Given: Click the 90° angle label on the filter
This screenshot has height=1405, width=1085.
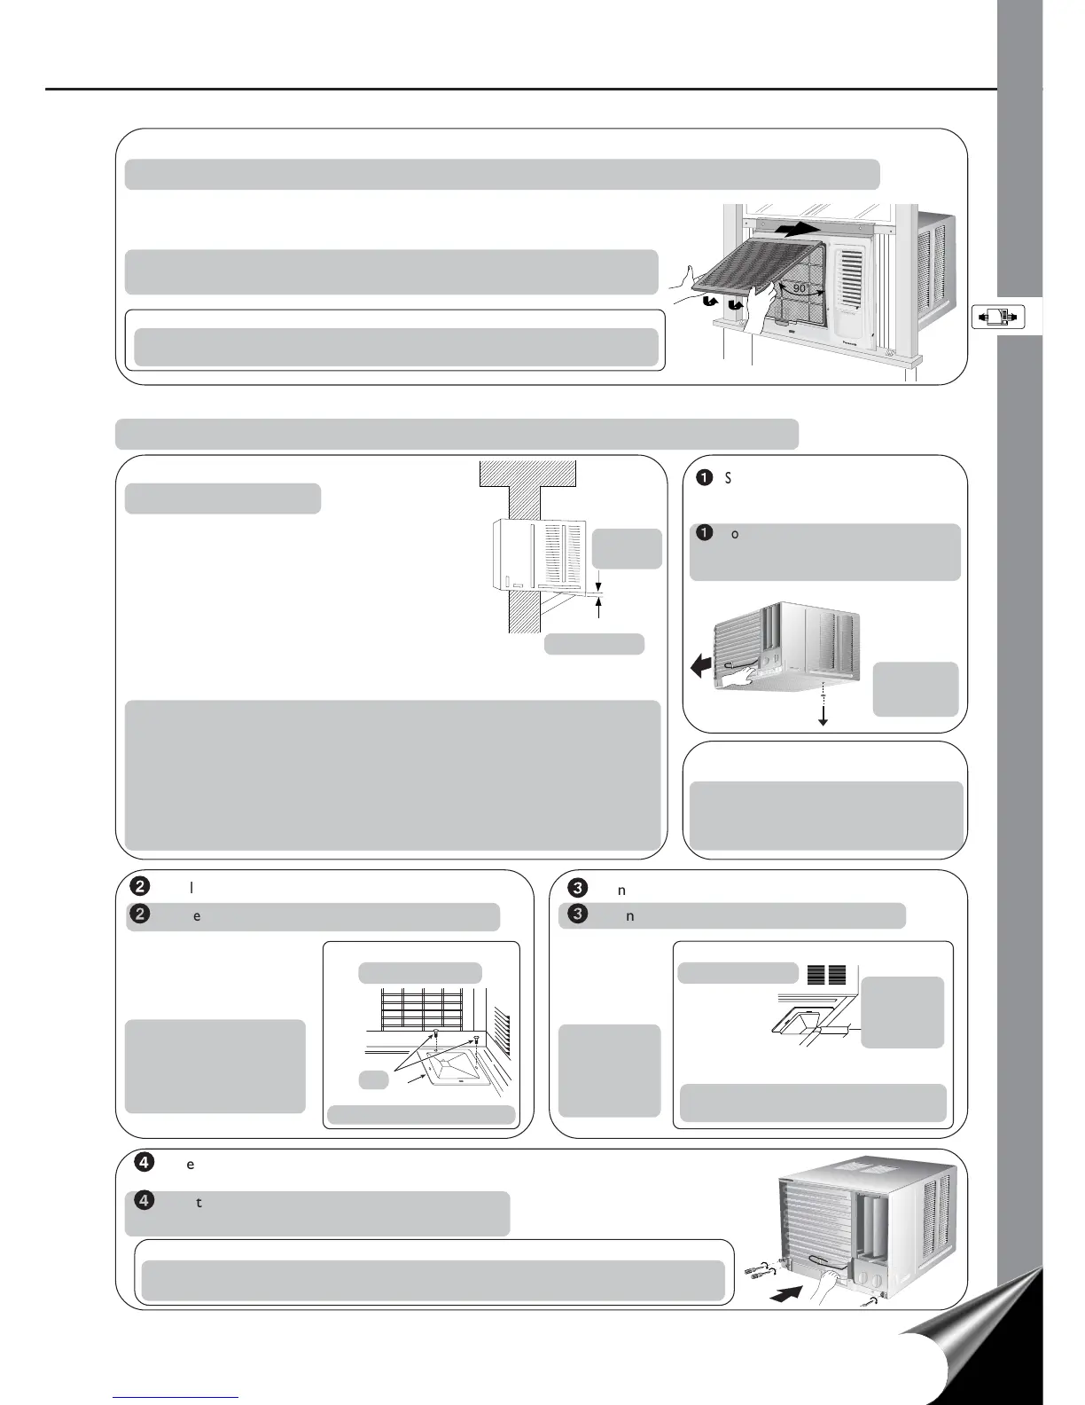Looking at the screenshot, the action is [799, 289].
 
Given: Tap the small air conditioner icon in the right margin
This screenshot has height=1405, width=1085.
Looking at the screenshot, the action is [997, 316].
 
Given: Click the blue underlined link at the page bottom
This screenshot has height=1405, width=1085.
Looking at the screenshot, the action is [176, 1397].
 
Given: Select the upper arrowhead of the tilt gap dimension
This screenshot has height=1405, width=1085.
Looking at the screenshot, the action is [600, 586].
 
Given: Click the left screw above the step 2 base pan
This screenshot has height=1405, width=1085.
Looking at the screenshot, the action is [436, 1035].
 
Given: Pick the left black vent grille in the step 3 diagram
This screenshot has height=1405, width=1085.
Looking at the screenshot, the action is [817, 974].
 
